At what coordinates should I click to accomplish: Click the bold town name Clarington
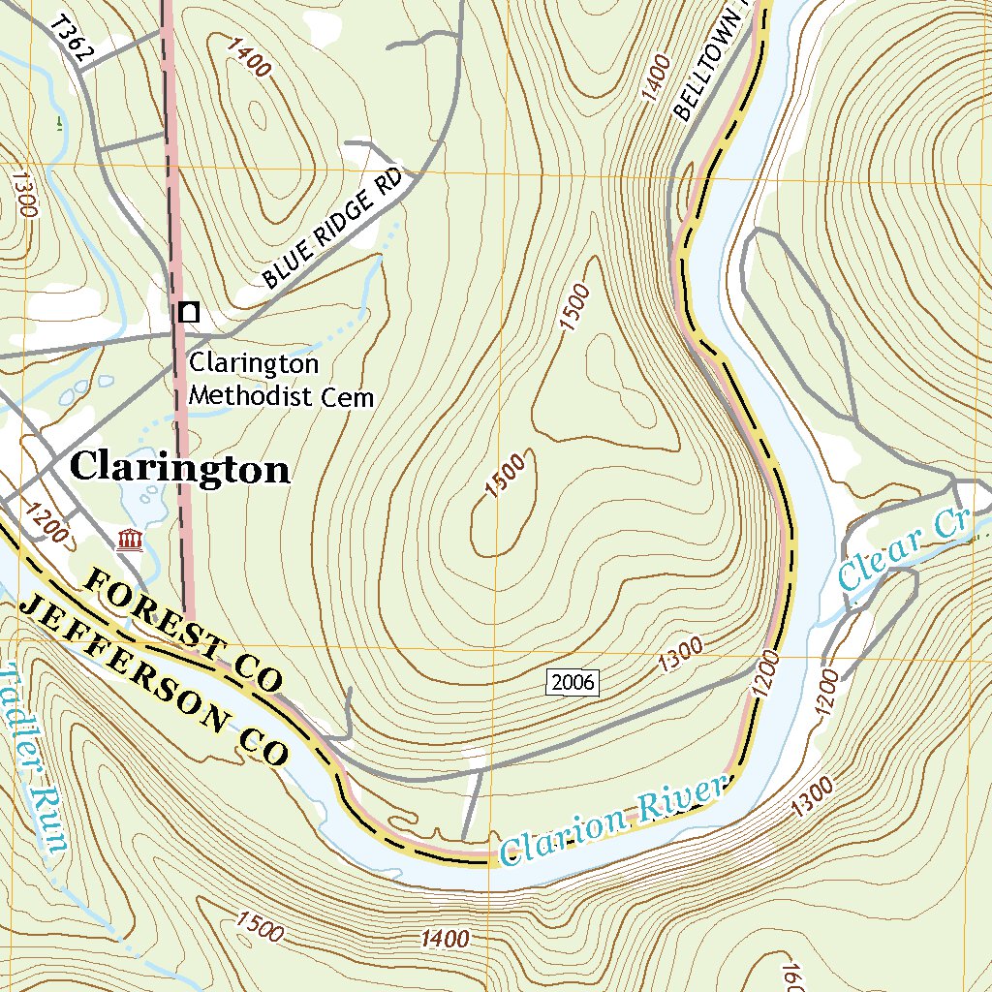180,468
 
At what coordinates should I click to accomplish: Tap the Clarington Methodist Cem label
281,380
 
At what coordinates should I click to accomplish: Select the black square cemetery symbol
189,312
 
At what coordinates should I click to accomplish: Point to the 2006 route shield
572,682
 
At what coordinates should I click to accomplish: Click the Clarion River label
612,819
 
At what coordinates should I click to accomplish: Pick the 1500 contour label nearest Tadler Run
259,927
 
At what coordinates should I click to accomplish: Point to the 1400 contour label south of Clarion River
446,937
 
